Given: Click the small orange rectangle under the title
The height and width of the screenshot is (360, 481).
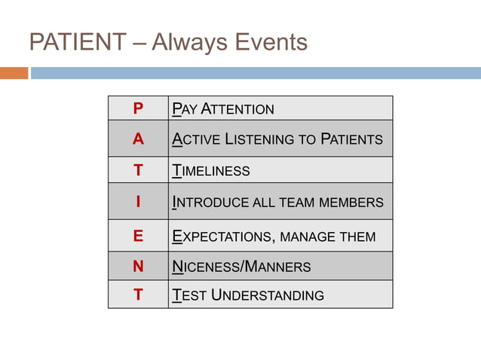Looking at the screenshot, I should [x=14, y=73].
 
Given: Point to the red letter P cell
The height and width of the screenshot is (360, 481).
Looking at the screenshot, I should [x=137, y=109].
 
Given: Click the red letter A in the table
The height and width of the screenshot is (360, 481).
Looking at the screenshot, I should [x=137, y=139].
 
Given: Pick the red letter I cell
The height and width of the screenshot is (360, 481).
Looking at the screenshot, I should [x=137, y=202].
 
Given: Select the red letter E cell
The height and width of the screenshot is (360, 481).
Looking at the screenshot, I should [x=137, y=236].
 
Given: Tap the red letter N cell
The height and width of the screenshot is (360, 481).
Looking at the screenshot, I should [x=137, y=266].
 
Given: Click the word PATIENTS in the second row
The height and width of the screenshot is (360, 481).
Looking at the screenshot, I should [x=351, y=140].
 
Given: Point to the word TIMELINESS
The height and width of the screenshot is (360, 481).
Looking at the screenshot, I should [x=211, y=171].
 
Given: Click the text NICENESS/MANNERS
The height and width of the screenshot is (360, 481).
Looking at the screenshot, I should [x=241, y=267].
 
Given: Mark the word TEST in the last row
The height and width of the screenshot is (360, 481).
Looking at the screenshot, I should [x=188, y=295].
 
